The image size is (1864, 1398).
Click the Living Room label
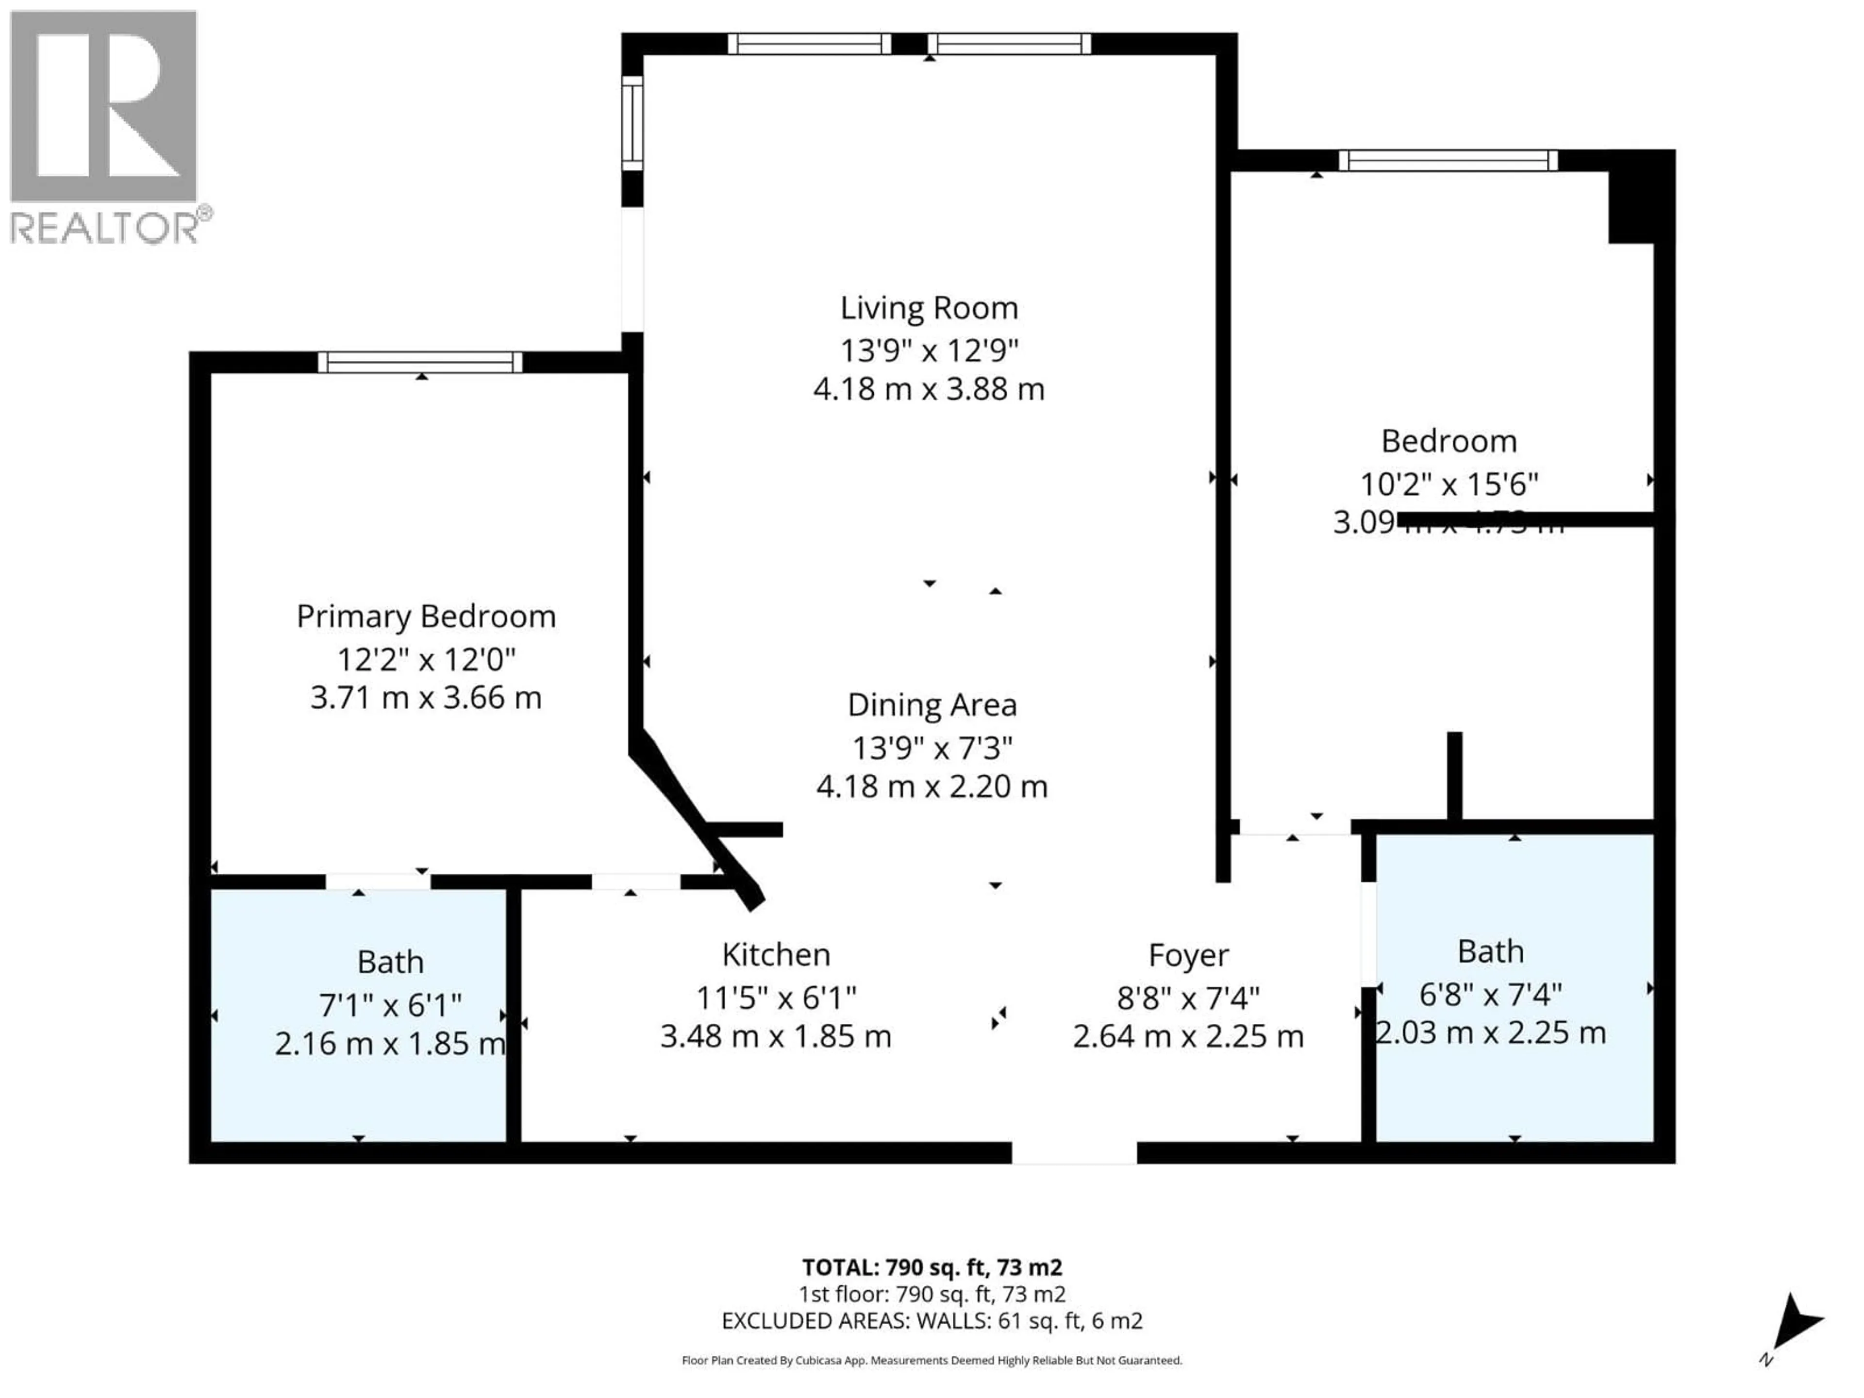pos(929,308)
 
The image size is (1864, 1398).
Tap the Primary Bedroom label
pos(426,617)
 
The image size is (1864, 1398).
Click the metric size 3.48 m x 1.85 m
pos(775,1036)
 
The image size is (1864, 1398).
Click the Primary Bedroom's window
pos(420,362)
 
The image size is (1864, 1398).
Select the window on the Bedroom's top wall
pos(1447,160)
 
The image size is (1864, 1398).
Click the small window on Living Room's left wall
pos(632,120)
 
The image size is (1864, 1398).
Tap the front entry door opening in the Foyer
pos(1074,1153)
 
